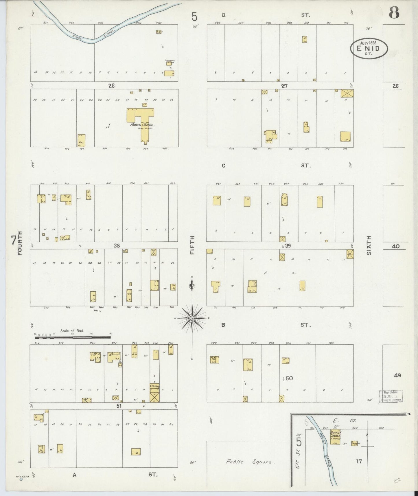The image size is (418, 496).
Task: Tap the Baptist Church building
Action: coord(335,436)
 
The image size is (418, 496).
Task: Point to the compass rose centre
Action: coord(192,318)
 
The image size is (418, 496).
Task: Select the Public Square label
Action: coord(249,462)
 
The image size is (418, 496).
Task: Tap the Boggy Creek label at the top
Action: coord(93,34)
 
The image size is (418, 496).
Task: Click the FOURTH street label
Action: coord(20,243)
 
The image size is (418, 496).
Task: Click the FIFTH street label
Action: coord(192,245)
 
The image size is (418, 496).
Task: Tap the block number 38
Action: coord(117,246)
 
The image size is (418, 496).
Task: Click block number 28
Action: coord(111,86)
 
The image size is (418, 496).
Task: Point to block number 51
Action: coord(119,406)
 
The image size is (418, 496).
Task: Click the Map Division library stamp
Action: coord(391,396)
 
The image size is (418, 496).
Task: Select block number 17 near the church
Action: coord(359,462)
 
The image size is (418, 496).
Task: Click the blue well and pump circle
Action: coord(21,479)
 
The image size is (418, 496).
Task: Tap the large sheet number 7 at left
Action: coord(13,240)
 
